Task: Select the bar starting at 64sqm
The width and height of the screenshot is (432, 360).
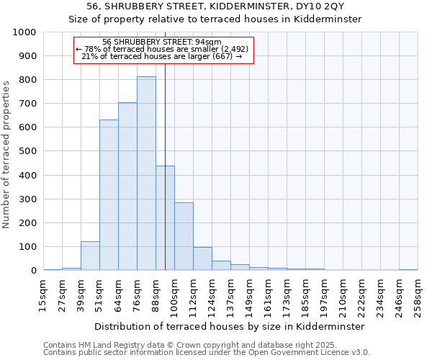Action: coord(127,186)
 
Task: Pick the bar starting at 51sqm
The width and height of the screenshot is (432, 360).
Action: coord(109,195)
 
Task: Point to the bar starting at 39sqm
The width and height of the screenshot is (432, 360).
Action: coord(90,256)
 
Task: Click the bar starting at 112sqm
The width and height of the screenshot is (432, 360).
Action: coord(202,258)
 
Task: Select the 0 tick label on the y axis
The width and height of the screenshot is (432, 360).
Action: coord(34,271)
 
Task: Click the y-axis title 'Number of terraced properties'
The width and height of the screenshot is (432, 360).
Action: coord(6,154)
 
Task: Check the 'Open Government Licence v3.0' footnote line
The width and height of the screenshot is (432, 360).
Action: coord(206,353)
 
